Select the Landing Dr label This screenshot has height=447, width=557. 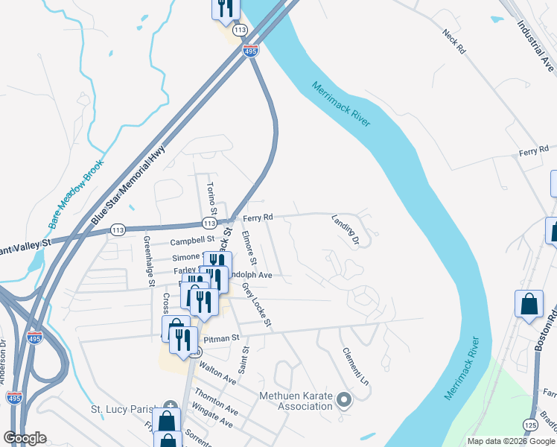coord(346,230)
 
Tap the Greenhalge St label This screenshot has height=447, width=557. coord(148,261)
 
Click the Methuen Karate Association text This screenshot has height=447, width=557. coord(294,401)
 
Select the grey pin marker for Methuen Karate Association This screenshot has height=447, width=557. coord(343,400)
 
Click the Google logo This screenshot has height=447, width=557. coord(25,438)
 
